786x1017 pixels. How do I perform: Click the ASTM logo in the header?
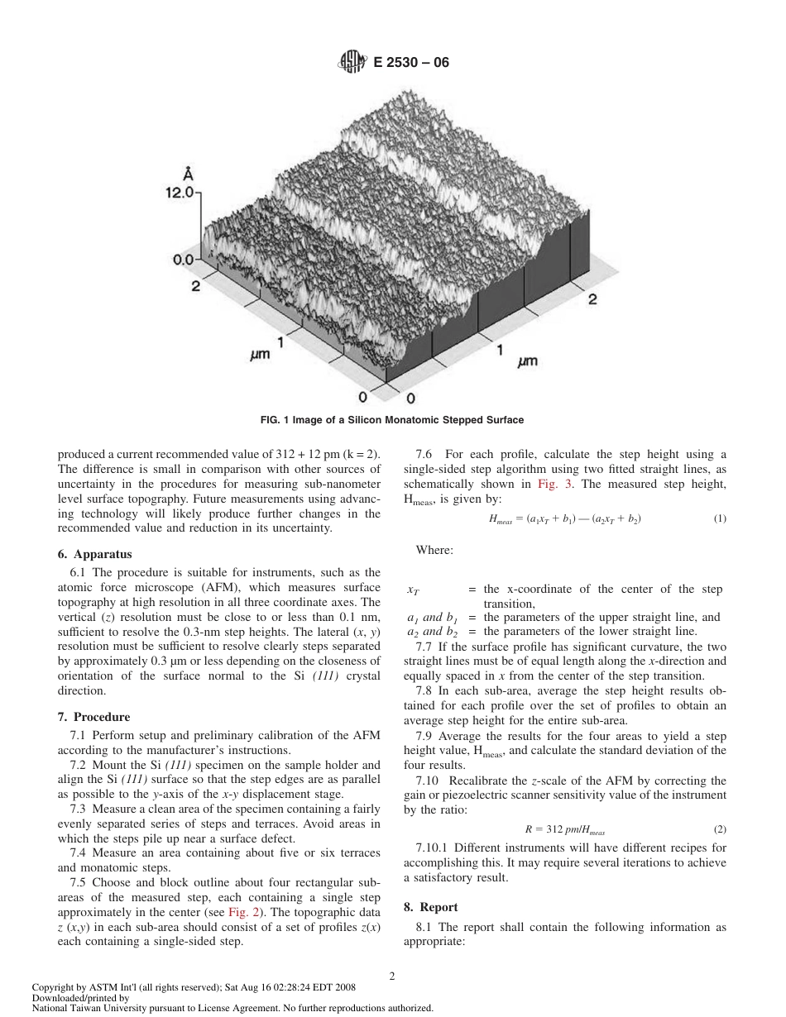351,61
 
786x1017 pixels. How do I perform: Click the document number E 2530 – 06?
411,61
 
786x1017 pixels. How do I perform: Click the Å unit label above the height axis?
189,174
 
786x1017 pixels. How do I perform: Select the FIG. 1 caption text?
392,420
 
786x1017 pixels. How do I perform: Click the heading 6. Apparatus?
94,554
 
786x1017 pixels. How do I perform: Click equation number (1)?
719,518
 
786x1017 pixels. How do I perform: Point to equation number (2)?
719,828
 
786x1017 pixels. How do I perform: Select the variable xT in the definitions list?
413,590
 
